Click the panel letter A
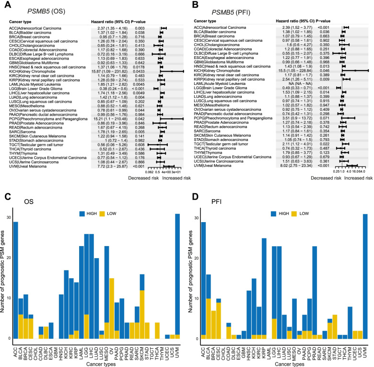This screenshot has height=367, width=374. click(x=5, y=5)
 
